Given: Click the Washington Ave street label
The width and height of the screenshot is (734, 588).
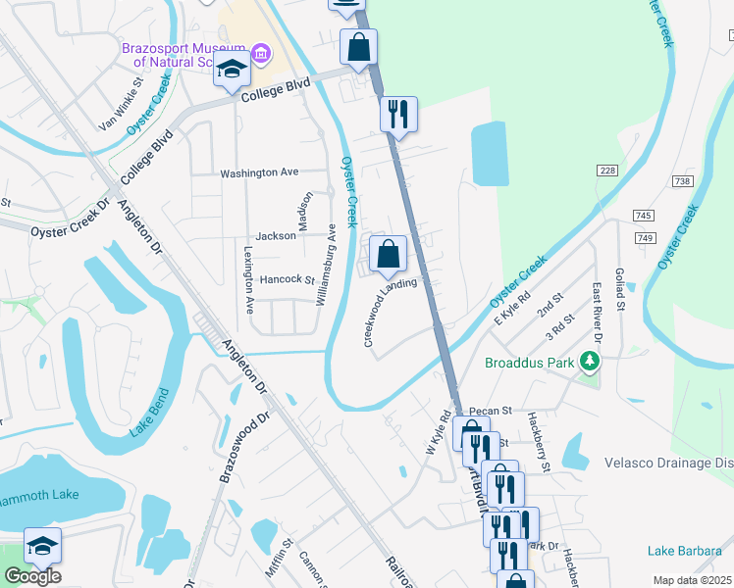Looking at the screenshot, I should coord(259,172).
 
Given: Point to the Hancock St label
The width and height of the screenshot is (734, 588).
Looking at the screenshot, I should coord(287,279).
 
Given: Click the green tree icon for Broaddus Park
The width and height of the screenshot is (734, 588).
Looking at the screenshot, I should coord(590,362).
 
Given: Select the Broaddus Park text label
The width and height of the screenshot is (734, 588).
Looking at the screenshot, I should coord(531,363).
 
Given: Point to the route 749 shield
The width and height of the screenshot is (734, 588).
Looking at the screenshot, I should coord(644,239).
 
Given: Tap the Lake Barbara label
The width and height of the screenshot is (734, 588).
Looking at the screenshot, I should coord(684,552).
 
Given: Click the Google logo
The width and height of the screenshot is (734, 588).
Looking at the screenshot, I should coord(32,576).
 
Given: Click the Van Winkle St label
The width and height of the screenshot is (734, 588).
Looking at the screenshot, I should coord(121,111).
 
